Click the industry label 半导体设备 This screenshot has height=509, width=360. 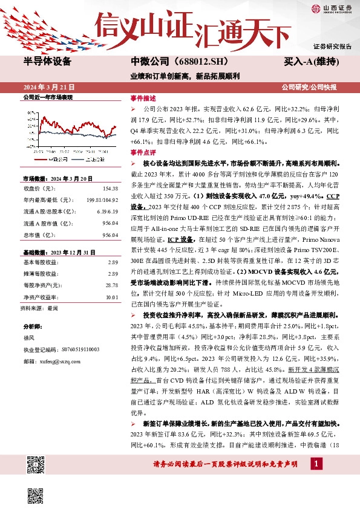click(47, 62)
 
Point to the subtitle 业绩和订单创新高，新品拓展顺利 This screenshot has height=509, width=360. click(177, 76)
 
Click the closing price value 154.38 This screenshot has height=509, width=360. click(111, 189)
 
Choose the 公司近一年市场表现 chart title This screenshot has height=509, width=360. click(47, 97)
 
